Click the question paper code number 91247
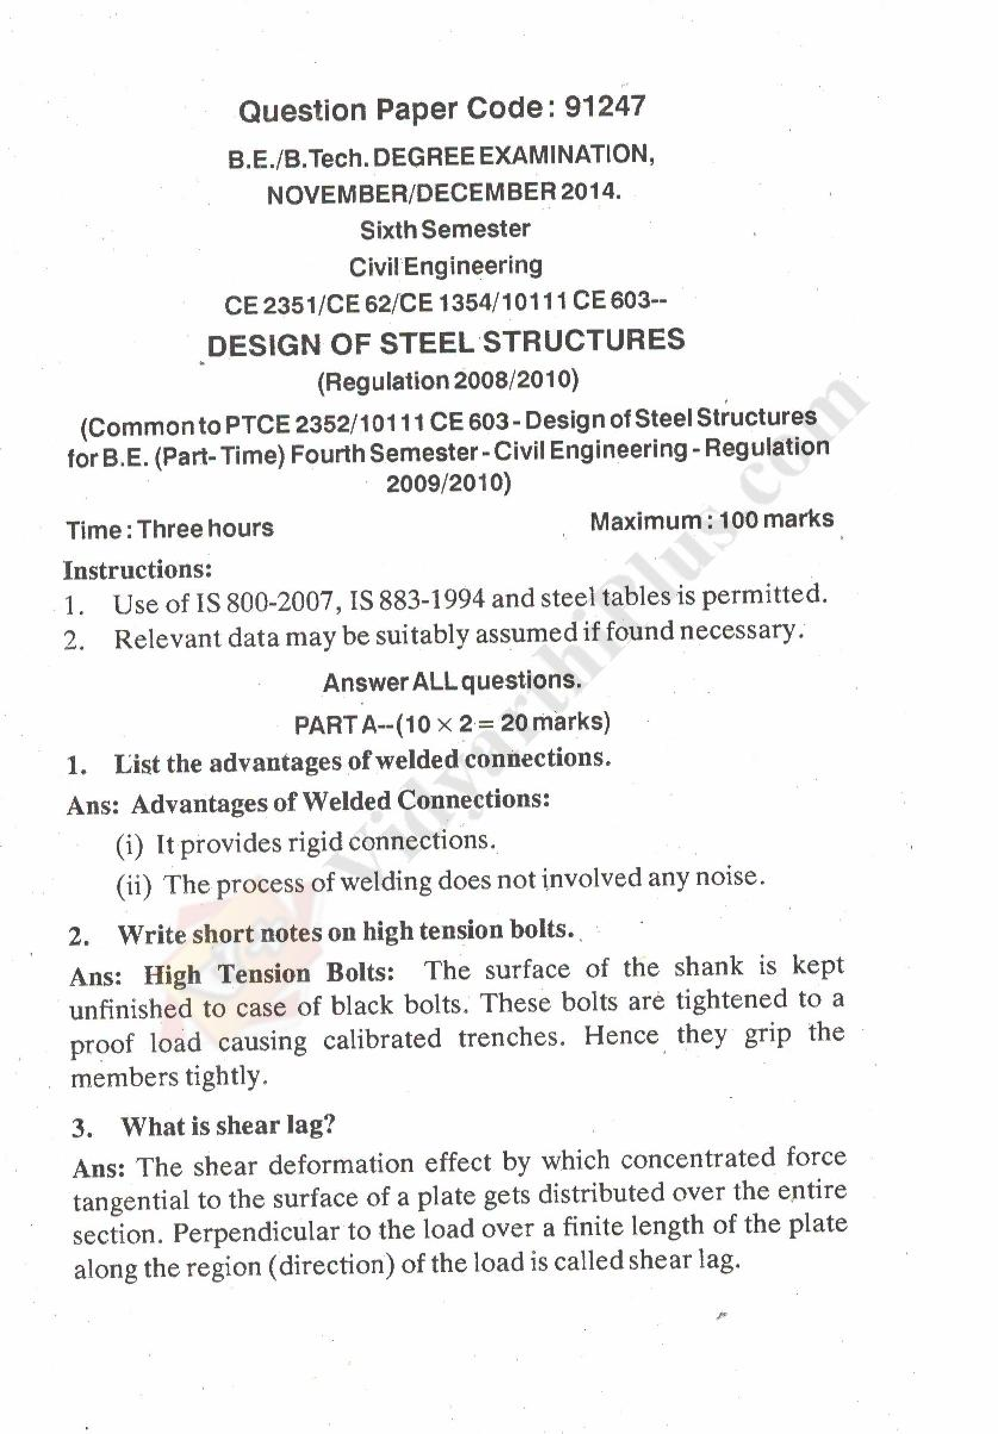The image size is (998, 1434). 604,107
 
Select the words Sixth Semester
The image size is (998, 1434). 444,229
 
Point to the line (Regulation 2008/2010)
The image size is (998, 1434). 447,381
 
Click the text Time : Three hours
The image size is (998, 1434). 170,529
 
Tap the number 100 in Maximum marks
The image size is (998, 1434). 738,520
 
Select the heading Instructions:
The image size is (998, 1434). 138,569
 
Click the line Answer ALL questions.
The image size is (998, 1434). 452,681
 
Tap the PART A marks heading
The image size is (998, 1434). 452,723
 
